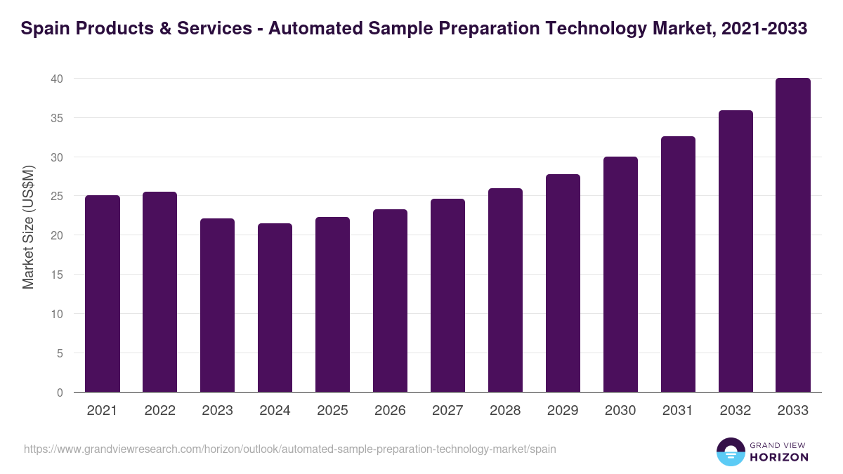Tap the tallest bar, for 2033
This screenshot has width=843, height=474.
pos(793,235)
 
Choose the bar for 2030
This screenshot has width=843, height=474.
pos(620,275)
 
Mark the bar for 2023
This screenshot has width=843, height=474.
pos(217,305)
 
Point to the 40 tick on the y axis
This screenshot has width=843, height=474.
pos(57,79)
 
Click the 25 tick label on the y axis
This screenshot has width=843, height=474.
pos(57,197)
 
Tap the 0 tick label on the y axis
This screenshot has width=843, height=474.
pos(60,393)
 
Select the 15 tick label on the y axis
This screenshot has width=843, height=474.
pos(57,275)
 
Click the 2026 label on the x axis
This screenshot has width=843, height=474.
pos(390,411)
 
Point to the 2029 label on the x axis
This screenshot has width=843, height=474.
pos(563,411)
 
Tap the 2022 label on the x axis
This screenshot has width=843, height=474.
pos(159,411)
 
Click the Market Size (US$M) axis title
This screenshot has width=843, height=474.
pos(28,227)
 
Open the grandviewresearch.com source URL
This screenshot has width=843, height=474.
pos(289,449)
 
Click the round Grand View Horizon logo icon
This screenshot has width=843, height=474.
pos(731,452)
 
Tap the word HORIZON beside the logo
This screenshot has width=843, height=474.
pos(779,457)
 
